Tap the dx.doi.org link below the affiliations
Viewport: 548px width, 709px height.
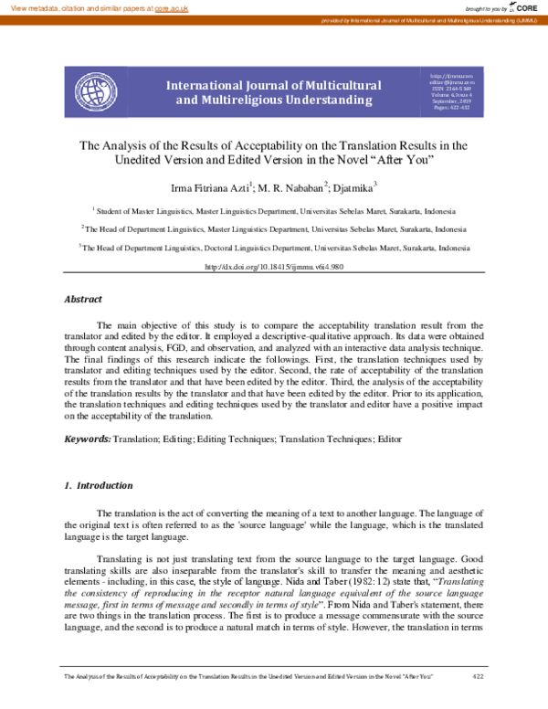click(x=273, y=267)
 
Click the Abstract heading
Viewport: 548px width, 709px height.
click(x=83, y=299)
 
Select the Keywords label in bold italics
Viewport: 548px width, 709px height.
click(x=87, y=439)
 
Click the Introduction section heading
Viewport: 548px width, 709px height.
click(x=104, y=485)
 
